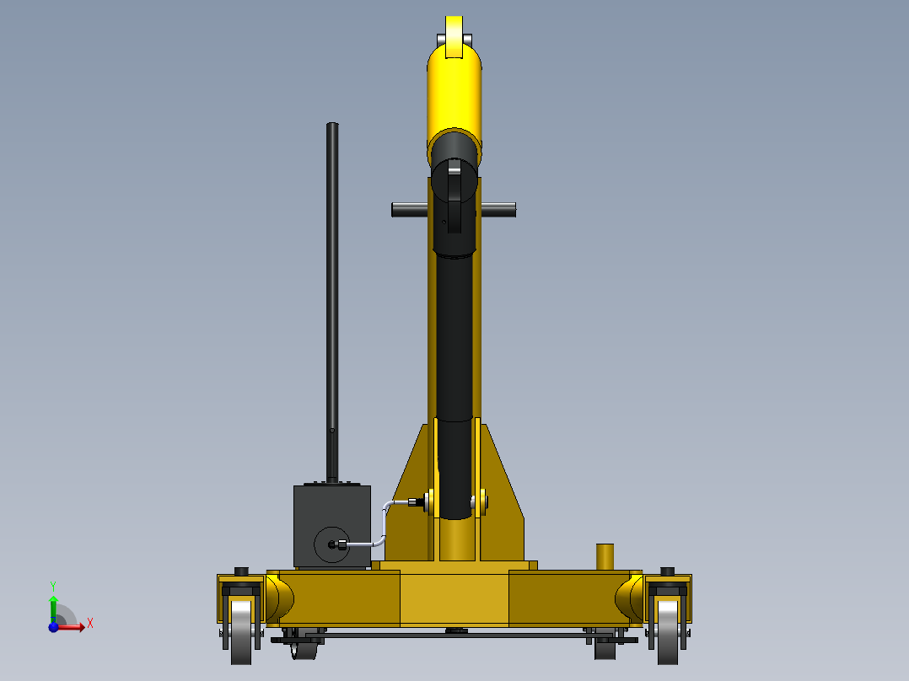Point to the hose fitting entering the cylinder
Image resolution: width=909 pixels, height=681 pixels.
[x=415, y=503]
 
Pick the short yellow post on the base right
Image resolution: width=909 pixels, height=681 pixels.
[x=605, y=557]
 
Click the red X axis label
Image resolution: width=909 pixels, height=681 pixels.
[x=90, y=623]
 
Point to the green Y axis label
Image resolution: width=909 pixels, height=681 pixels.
[x=53, y=585]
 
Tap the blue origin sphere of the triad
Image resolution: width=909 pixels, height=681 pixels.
[x=53, y=627]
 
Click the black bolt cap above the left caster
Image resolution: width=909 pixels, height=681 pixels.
[x=241, y=571]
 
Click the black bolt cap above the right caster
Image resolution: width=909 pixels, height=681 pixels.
[x=668, y=571]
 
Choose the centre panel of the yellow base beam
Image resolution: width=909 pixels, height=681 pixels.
[x=454, y=598]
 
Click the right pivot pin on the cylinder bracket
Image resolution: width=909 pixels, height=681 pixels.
[x=483, y=503]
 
